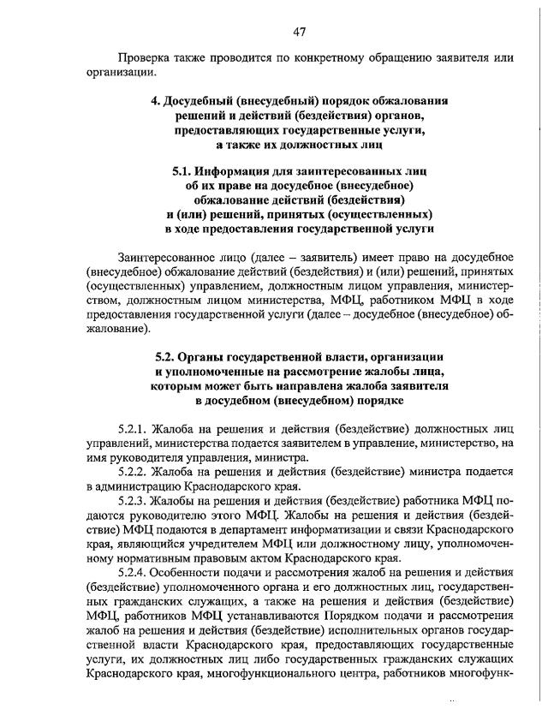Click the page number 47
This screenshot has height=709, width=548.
coord(300,32)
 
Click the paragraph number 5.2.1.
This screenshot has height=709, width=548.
coord(135,428)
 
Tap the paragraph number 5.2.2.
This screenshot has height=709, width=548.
coord(135,472)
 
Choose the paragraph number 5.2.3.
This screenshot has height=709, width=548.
coord(135,501)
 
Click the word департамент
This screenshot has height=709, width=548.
coord(253,530)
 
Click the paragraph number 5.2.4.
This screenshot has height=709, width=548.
coord(135,574)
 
